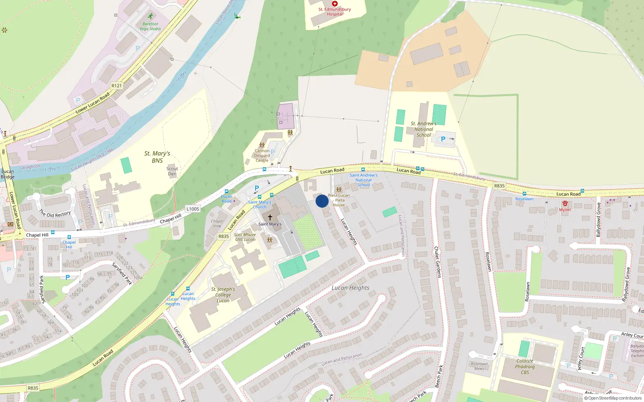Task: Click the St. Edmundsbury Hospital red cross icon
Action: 334,4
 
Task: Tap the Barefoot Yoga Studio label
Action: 150,26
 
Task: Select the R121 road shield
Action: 116,86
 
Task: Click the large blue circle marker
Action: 322,201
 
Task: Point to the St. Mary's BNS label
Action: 157,157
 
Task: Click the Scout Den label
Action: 172,171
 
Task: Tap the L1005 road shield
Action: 193,209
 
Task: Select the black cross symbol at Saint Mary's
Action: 270,217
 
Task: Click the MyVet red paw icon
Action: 565,204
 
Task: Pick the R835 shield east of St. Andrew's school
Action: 500,186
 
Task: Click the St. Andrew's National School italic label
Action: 423,129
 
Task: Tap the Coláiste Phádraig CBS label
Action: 525,367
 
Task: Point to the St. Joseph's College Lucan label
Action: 223,295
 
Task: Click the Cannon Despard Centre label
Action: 262,156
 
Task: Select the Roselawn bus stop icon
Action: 524,194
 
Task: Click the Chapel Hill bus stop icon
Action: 69,237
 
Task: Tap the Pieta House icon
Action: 339,190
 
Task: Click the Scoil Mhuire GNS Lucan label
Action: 245,237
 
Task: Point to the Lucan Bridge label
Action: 7,174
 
